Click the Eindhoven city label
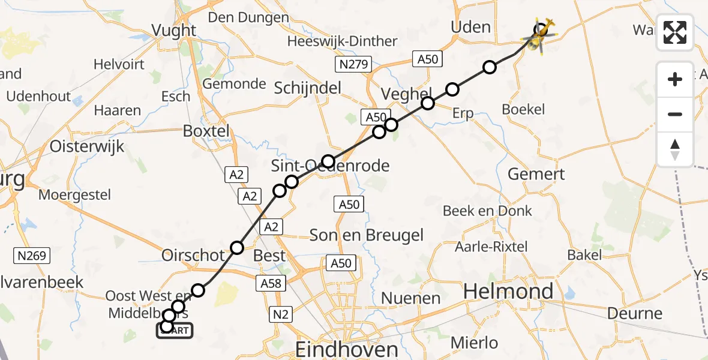(x=347, y=349)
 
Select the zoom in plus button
(x=675, y=79)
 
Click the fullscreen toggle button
(x=675, y=32)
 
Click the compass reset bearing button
(x=675, y=149)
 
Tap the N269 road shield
(x=32, y=256)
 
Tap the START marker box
(x=175, y=329)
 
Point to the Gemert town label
(x=536, y=174)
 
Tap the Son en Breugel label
(x=367, y=235)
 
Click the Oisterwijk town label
(x=87, y=146)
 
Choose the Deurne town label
(x=635, y=313)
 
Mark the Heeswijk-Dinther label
(x=342, y=41)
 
